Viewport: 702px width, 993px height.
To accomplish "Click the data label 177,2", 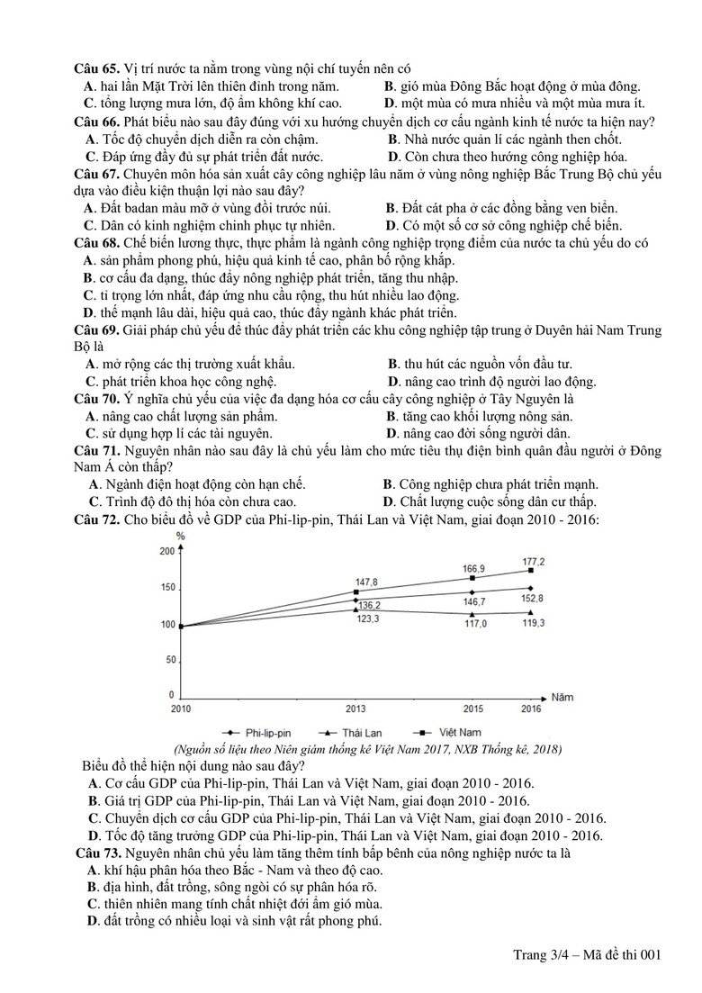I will coord(534,561).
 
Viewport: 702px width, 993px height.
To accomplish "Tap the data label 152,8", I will coord(534,598).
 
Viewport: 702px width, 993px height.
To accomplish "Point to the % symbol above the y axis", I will coord(180,537).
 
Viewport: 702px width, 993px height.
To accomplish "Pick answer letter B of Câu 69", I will coord(393,365).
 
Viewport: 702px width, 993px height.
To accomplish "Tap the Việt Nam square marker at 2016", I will coord(532,571).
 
